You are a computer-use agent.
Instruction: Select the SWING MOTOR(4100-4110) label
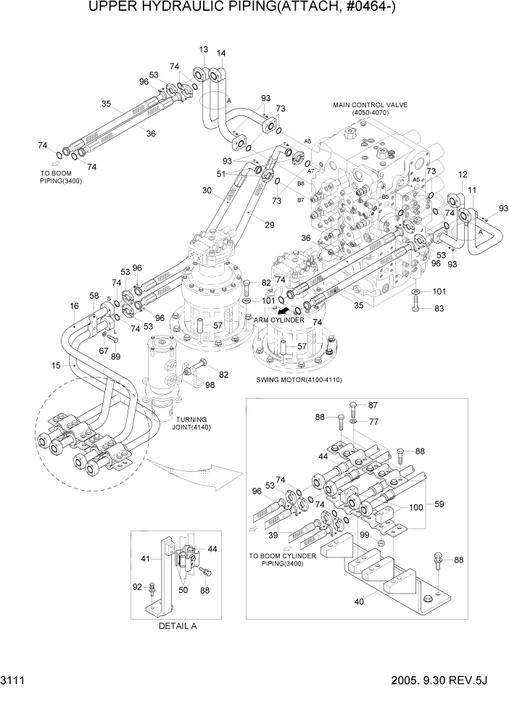tap(299, 380)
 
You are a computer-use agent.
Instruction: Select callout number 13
tap(204, 49)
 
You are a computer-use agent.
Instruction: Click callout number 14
tap(220, 53)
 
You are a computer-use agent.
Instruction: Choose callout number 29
tap(269, 225)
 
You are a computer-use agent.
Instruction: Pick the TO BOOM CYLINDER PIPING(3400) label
tap(283, 559)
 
